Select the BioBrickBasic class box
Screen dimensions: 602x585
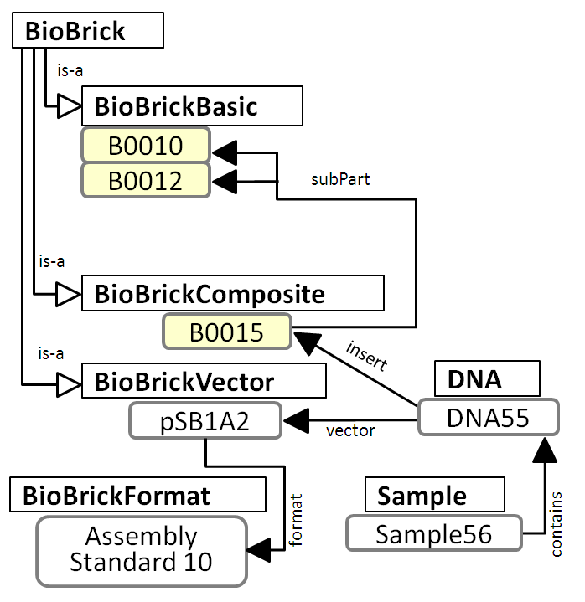point(192,106)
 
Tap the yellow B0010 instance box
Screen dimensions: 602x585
point(145,146)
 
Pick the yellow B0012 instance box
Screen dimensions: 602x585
point(145,180)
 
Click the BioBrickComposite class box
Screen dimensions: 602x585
point(232,294)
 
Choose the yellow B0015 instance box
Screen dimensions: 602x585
point(226,332)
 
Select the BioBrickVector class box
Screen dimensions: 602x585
point(203,383)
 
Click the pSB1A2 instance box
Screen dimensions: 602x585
point(204,420)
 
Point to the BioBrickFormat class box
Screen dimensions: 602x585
point(138,495)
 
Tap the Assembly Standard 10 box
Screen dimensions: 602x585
point(141,549)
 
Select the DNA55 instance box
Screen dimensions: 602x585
point(487,416)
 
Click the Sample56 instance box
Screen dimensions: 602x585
point(433,533)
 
